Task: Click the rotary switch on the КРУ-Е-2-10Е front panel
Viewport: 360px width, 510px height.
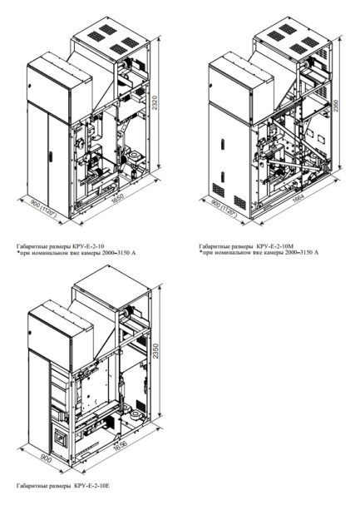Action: [57, 413]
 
